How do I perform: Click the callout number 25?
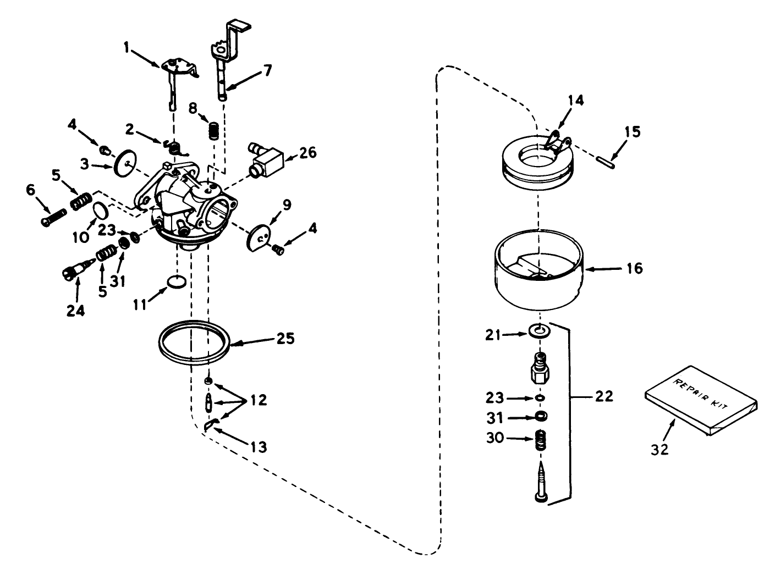click(285, 338)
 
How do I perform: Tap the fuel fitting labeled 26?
click(266, 159)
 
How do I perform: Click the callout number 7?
click(267, 70)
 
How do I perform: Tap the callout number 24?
click(76, 311)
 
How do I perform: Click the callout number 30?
click(495, 438)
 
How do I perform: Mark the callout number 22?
click(603, 396)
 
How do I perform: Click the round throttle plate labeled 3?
click(125, 163)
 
